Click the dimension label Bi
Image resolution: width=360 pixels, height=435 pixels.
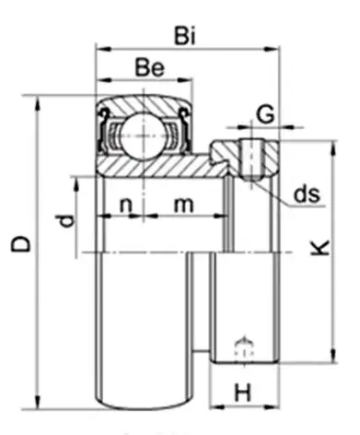tap(185, 36)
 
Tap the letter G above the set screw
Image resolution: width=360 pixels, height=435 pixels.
tap(265, 114)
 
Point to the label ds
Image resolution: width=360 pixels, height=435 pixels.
tap(307, 194)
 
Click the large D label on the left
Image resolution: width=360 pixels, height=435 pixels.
tap(21, 243)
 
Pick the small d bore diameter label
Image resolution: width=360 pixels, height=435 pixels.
tap(65, 221)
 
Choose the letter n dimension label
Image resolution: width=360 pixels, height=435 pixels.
tap(125, 206)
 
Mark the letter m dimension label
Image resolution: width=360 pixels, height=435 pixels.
tap(183, 206)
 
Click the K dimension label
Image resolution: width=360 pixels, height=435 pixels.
tap(320, 248)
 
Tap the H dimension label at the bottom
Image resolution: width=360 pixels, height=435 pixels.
tap(243, 393)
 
